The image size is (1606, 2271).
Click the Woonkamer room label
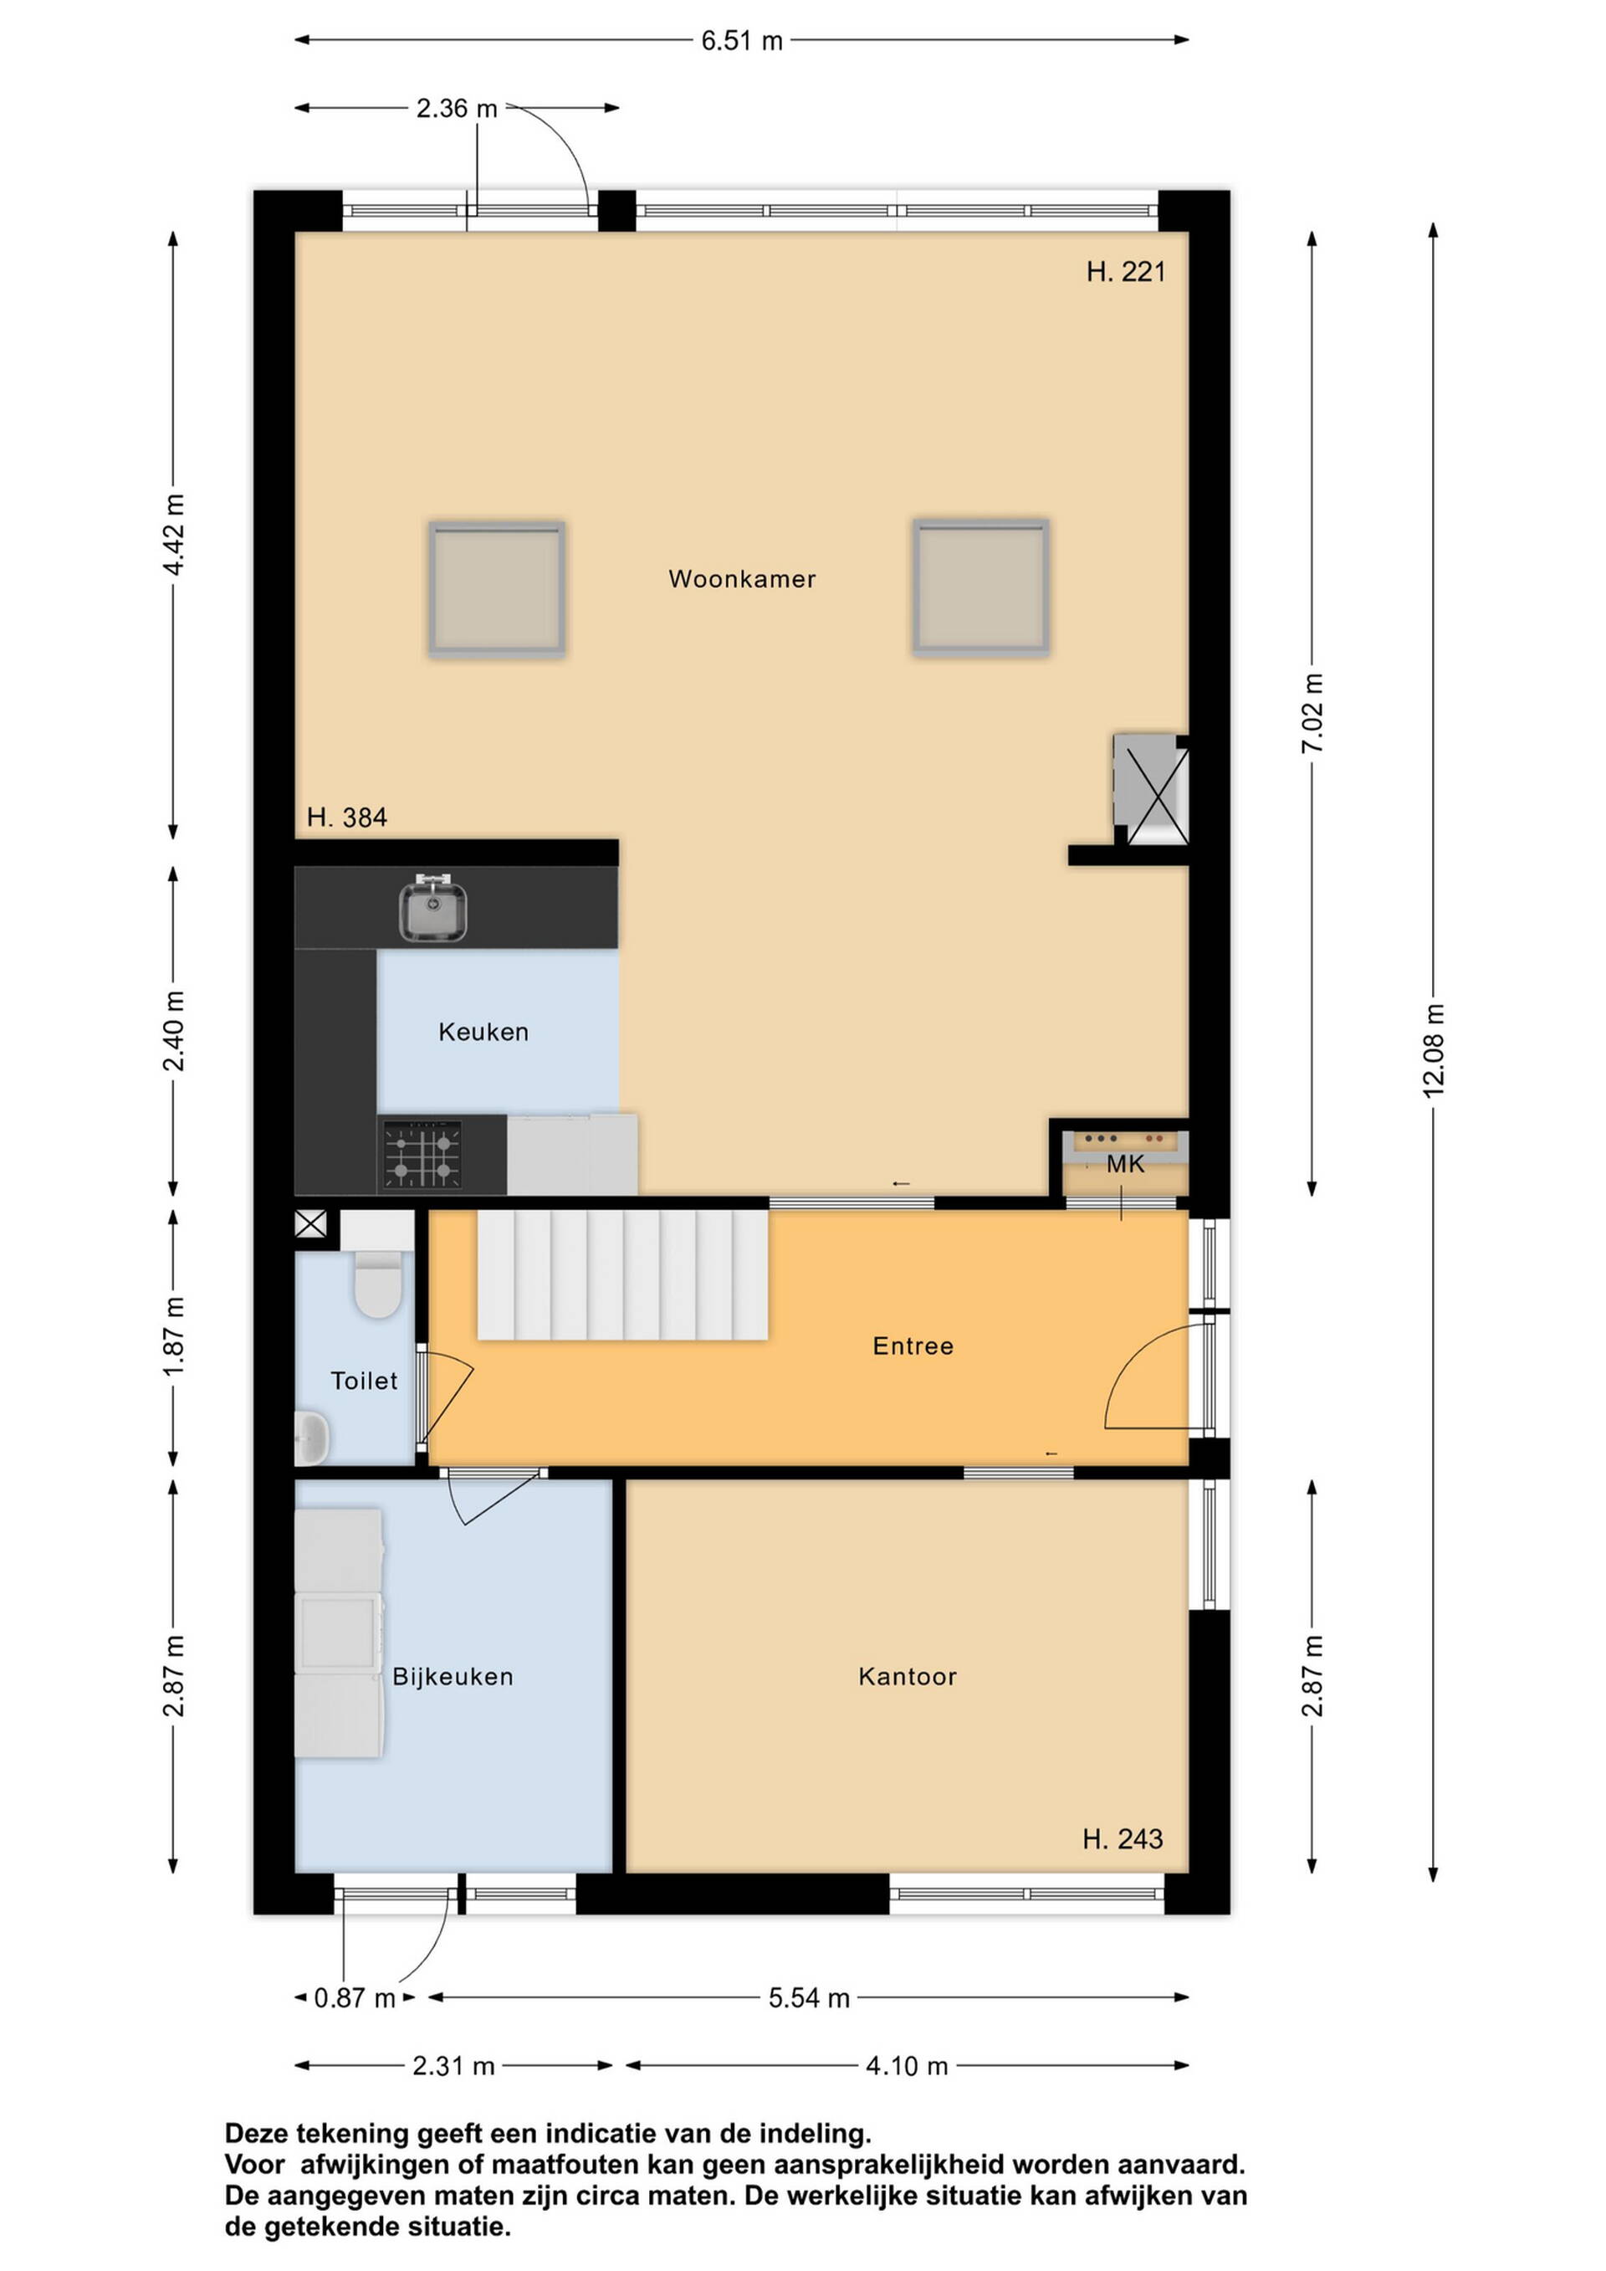(x=742, y=579)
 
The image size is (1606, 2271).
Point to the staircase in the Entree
(x=623, y=1275)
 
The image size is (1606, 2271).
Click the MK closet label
(x=1125, y=1164)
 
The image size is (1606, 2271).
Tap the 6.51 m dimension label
(x=742, y=40)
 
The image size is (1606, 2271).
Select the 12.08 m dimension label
(x=1433, y=1049)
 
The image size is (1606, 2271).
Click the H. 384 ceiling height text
(x=346, y=817)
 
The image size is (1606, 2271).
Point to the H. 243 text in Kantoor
(x=1123, y=1838)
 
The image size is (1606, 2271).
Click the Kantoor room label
(x=908, y=1677)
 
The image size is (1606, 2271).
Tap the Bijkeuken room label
(x=453, y=1677)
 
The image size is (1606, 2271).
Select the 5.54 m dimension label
(x=809, y=1998)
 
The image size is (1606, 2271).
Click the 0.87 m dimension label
(x=354, y=1998)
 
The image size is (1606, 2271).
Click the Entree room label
(x=913, y=1346)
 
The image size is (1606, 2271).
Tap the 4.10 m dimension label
(x=907, y=2066)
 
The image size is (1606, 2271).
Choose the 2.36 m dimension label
(x=456, y=108)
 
